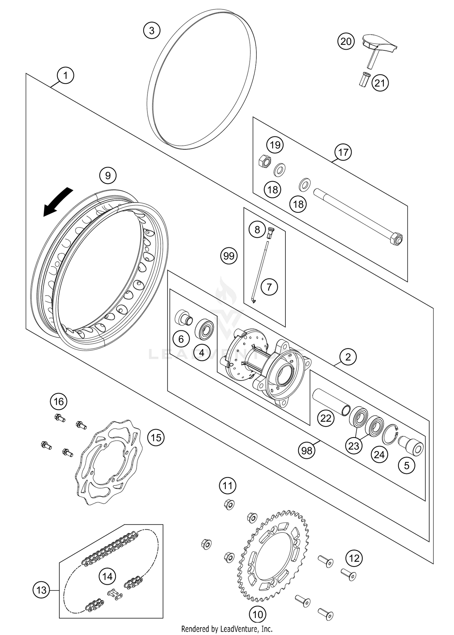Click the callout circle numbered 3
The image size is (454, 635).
[x=152, y=31]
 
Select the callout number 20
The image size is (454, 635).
[x=346, y=41]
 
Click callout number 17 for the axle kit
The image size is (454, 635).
[x=343, y=152]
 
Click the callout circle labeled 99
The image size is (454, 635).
[x=229, y=256]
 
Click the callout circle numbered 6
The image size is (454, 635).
[x=181, y=339]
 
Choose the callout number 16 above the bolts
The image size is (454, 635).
[x=59, y=401]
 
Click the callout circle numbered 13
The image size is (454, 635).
[x=41, y=590]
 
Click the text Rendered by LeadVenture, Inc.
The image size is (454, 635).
[x=227, y=629]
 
